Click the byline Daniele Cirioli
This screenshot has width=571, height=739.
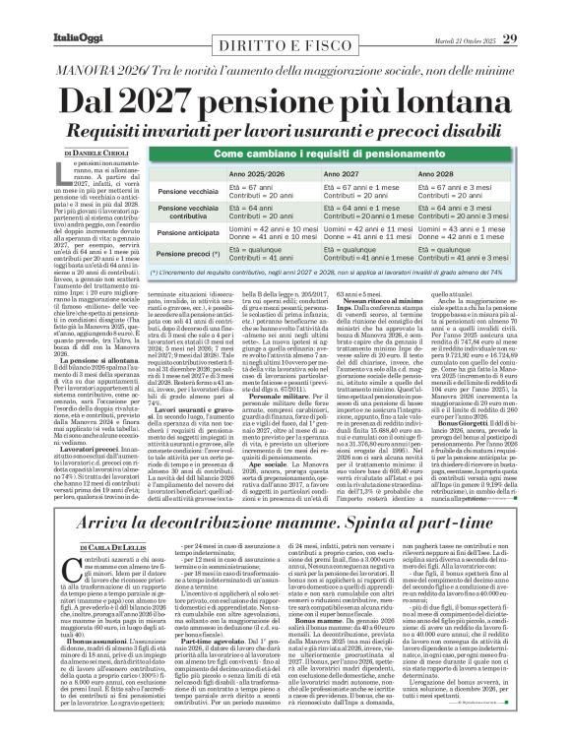92,153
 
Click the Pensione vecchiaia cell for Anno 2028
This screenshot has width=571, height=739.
492,191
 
